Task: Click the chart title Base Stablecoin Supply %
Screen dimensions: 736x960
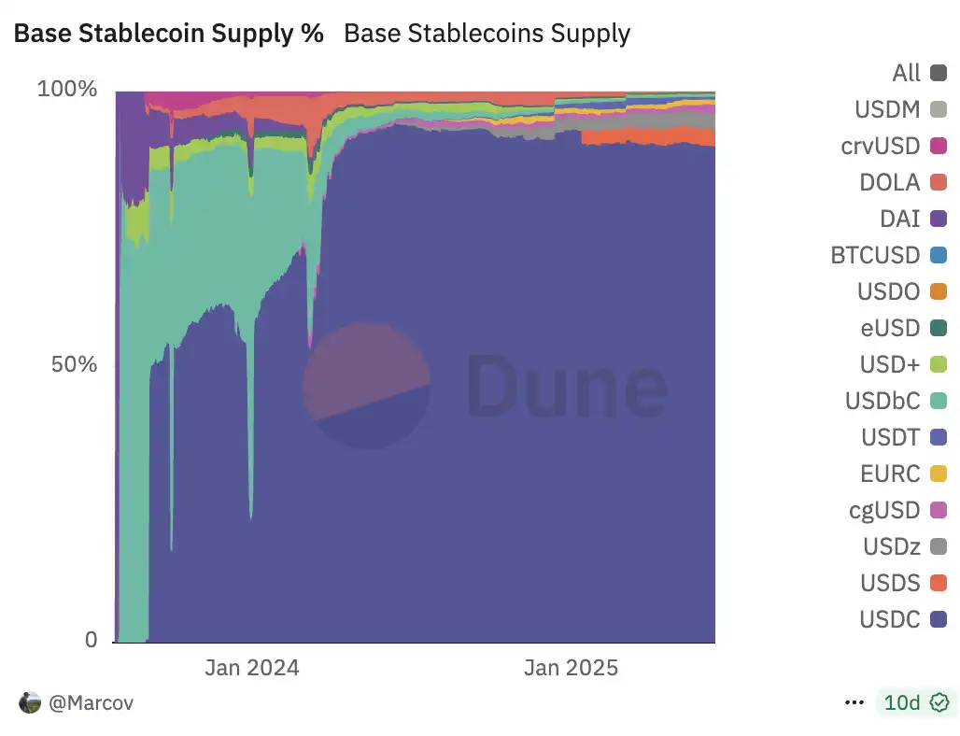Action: click(x=168, y=34)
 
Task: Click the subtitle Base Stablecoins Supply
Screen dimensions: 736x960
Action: click(x=487, y=34)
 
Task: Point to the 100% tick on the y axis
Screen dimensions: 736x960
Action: click(x=67, y=90)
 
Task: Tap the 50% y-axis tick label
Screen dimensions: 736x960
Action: click(x=74, y=364)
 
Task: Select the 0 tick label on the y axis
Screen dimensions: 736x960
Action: click(x=91, y=640)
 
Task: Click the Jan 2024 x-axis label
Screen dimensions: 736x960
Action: click(x=252, y=668)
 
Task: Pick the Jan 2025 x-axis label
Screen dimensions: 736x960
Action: click(x=571, y=668)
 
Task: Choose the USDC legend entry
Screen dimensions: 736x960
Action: click(x=890, y=619)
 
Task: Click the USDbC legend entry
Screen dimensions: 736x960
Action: click(x=882, y=401)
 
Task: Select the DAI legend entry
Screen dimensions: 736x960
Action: click(x=899, y=219)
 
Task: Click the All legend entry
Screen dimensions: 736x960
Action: click(x=906, y=73)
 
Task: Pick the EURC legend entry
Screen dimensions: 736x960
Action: click(x=890, y=474)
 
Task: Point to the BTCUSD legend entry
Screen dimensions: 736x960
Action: click(x=875, y=255)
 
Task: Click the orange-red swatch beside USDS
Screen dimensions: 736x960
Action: click(x=939, y=583)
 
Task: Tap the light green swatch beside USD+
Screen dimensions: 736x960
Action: click(x=939, y=364)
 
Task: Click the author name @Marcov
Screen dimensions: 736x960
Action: click(x=91, y=703)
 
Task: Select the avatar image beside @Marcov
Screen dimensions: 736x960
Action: click(x=30, y=703)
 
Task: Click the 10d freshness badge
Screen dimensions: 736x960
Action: click(x=913, y=702)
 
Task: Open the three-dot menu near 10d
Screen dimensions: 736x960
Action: click(x=854, y=702)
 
